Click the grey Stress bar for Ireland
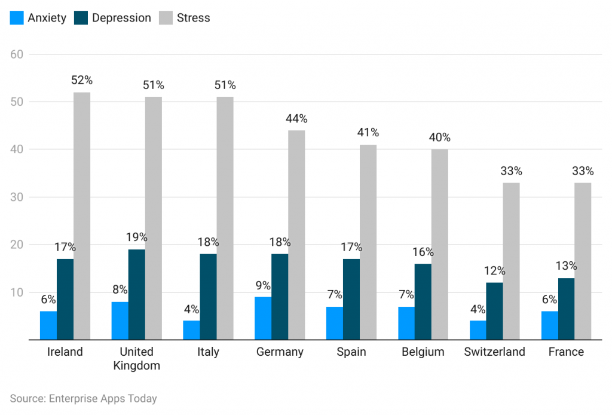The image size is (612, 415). (82, 216)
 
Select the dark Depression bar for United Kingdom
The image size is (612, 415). (136, 294)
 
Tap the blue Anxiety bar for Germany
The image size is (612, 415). (263, 318)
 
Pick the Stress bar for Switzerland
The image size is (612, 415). (511, 261)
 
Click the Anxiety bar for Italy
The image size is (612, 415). (191, 330)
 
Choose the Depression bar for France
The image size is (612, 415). (566, 309)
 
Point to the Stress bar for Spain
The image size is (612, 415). (368, 242)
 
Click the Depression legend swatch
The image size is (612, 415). (81, 18)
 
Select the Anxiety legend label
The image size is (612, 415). (47, 18)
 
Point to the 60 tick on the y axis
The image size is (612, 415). (17, 54)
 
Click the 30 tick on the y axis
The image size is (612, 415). (17, 197)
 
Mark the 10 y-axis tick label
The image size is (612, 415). (17, 292)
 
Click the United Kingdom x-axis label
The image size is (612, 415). (136, 358)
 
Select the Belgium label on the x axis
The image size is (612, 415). (423, 352)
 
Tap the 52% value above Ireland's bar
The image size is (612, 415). (82, 80)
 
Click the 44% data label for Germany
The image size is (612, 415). (296, 118)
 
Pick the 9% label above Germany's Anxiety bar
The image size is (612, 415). (263, 285)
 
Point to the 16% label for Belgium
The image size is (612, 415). (423, 252)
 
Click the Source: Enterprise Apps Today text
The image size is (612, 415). (83, 398)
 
